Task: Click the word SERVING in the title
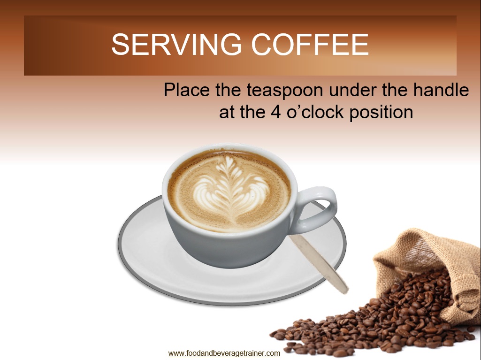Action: tap(176, 45)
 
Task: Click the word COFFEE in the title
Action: tap(310, 45)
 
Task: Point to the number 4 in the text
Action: tap(276, 112)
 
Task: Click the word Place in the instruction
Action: tap(186, 90)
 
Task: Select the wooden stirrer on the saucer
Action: tap(319, 263)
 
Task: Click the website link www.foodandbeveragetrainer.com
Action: tap(224, 353)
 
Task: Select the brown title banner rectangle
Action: tap(240, 46)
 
